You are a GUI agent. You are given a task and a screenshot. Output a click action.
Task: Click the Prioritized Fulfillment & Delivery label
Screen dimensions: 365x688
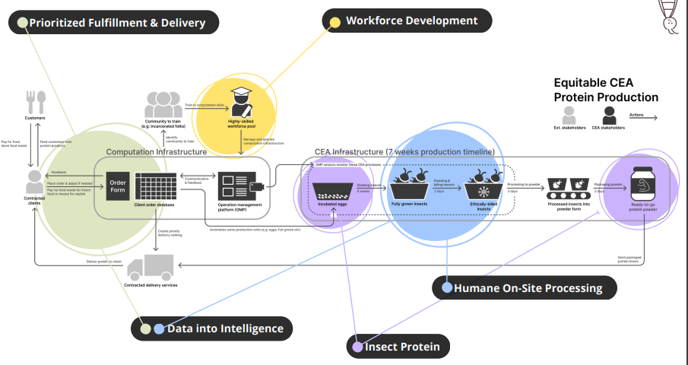[x=114, y=23]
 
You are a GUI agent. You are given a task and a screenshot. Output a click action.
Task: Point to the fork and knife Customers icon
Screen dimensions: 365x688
[x=35, y=102]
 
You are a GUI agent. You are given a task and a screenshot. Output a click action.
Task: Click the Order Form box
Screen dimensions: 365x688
[x=118, y=186]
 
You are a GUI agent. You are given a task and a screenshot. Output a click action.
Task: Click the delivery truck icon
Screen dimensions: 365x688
[x=151, y=268]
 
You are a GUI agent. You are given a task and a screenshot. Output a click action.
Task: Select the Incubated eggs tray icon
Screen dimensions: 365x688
[x=332, y=189]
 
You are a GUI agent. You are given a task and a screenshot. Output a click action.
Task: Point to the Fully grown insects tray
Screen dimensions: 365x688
[x=411, y=186]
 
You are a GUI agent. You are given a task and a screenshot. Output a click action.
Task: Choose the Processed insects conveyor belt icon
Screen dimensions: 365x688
[x=569, y=187]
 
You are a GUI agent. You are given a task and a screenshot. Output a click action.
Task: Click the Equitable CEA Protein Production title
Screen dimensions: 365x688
[x=606, y=90]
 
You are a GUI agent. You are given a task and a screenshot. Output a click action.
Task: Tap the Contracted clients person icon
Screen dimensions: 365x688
[x=35, y=182]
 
